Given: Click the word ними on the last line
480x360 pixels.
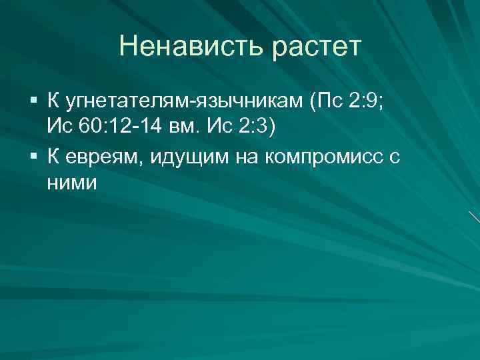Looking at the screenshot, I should pos(72,182).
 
